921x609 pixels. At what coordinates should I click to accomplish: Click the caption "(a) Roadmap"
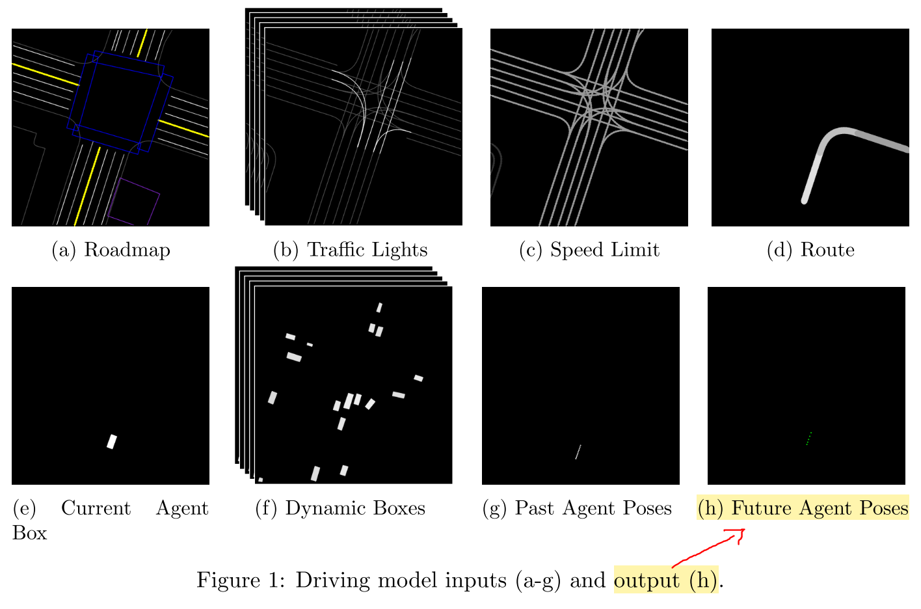pyautogui.click(x=111, y=250)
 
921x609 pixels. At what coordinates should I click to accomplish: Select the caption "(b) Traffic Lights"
pyautogui.click(x=350, y=250)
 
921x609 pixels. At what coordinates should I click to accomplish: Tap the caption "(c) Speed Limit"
pyautogui.click(x=589, y=250)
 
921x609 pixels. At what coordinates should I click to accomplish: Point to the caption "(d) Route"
pyautogui.click(x=810, y=250)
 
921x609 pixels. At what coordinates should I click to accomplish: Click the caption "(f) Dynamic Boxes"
pyautogui.click(x=340, y=508)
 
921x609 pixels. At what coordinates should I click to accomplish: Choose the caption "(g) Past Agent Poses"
pyautogui.click(x=577, y=508)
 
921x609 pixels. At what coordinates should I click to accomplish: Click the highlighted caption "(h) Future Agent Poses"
pyautogui.click(x=803, y=508)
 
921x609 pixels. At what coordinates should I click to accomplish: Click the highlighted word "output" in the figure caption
pyautogui.click(x=647, y=580)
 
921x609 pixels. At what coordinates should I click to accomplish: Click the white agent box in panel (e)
pyautogui.click(x=112, y=442)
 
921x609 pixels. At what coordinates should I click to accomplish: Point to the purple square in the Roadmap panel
pyautogui.click(x=133, y=201)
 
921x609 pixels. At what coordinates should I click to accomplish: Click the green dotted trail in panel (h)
pyautogui.click(x=808, y=439)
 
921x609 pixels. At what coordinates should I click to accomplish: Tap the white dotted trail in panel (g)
pyautogui.click(x=578, y=452)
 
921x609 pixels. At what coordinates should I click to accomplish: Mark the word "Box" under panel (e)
pyautogui.click(x=29, y=533)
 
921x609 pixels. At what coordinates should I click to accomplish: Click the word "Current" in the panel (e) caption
pyautogui.click(x=96, y=508)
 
